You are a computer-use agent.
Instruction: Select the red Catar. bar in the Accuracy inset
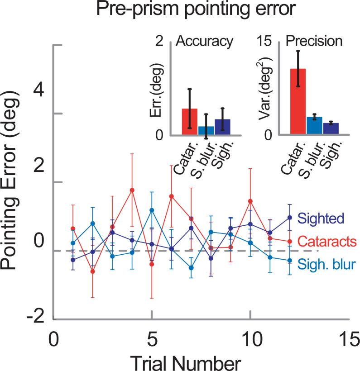coord(189,122)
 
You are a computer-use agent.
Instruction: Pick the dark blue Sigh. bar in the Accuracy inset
coord(222,127)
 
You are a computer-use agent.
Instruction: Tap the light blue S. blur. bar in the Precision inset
coord(314,125)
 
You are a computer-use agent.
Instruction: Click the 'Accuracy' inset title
coord(204,42)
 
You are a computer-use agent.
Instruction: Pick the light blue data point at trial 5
coord(152,210)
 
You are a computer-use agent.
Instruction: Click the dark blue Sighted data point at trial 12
coord(289,217)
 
